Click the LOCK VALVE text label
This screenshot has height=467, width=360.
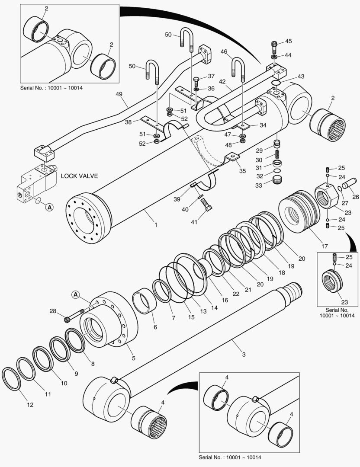tap(79, 176)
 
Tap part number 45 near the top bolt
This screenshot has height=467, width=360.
tap(288, 42)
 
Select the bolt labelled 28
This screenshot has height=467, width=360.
tap(74, 317)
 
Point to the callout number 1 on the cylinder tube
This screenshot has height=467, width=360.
tap(156, 225)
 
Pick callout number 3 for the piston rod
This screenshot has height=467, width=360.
tap(244, 355)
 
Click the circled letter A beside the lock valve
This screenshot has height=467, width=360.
tap(49, 208)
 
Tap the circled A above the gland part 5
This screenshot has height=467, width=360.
tap(75, 295)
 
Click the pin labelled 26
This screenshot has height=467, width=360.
tap(348, 183)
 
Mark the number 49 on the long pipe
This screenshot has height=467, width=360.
tap(119, 94)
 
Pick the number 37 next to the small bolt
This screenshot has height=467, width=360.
tap(211, 76)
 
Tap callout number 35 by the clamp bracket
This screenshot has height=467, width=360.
tap(242, 171)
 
